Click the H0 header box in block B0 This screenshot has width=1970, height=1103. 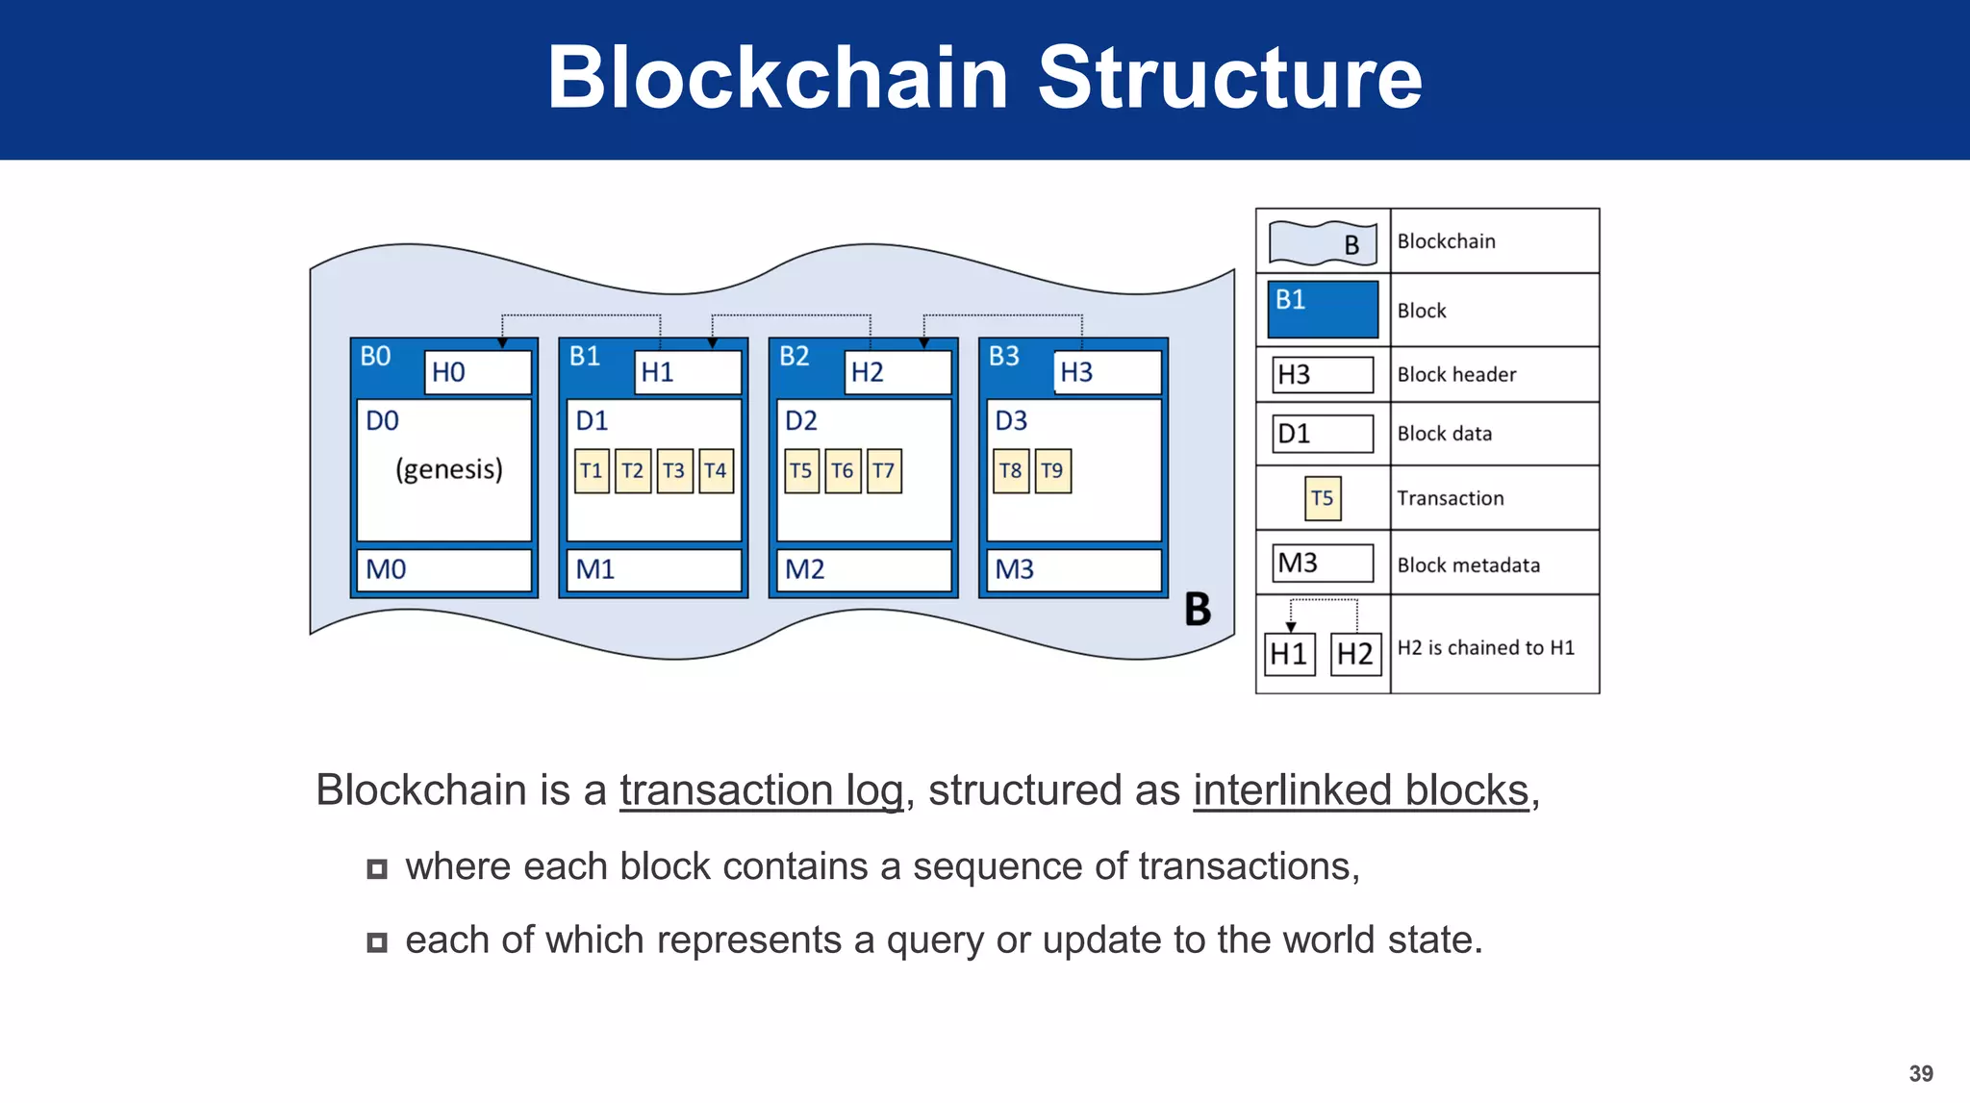coord(478,372)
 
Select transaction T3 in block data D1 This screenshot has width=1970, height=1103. coord(674,471)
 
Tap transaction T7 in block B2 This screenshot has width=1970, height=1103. coord(884,471)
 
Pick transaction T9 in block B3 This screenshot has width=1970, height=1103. coord(1052,471)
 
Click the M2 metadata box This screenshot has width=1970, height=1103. coord(863,570)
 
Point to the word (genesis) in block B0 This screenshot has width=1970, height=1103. coord(449,469)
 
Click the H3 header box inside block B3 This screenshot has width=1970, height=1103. coord(1107,372)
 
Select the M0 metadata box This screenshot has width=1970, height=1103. coord(443,570)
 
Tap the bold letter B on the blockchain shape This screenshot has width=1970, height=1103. coord(1198,610)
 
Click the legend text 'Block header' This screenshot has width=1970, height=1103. coord(1456,375)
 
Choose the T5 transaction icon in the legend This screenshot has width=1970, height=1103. coord(1323,498)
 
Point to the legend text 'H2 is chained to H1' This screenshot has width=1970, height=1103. coord(1486,648)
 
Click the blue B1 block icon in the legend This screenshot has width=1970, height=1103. coord(1323,309)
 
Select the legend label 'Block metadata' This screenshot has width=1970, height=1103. coord(1468,565)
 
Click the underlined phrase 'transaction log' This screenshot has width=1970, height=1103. coord(761,790)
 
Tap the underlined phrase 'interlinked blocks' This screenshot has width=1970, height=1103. coord(1360,790)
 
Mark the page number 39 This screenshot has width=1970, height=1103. coord(1921,1073)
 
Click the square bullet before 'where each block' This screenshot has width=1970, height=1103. coord(377,869)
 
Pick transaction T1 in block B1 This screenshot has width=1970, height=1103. coord(592,471)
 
